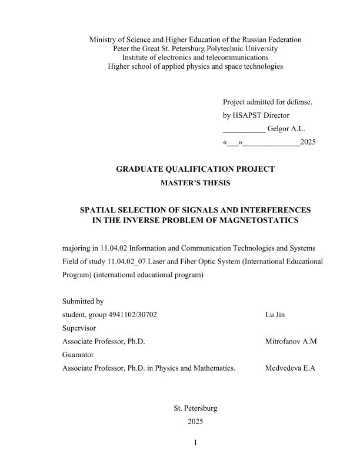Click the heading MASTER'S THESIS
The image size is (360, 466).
(x=195, y=183)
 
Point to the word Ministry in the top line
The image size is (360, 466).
(x=104, y=39)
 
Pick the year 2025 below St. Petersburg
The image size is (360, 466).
(x=195, y=421)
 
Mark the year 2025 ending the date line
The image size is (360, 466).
(x=308, y=142)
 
